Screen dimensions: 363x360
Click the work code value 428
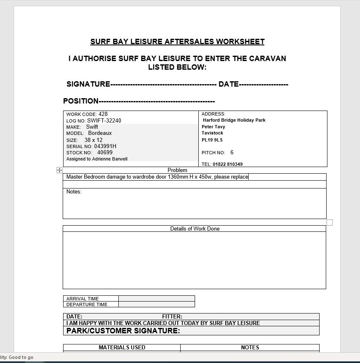(x=103, y=114)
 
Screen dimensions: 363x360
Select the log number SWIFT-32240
(x=104, y=121)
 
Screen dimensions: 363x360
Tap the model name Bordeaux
(x=100, y=133)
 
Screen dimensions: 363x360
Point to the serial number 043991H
(x=105, y=146)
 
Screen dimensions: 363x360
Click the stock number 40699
(x=105, y=153)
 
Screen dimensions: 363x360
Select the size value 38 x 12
(x=94, y=140)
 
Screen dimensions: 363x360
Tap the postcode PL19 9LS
(x=212, y=140)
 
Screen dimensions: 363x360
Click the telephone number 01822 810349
(x=228, y=164)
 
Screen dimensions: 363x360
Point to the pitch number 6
(x=232, y=153)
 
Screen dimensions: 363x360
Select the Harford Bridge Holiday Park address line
(x=234, y=120)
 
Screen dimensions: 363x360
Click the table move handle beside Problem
(x=59, y=170)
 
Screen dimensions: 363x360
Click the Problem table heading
(x=177, y=170)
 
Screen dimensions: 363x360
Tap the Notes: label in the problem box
(x=74, y=192)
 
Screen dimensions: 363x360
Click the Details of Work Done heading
(x=195, y=229)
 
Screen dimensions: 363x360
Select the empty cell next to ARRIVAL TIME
(x=156, y=299)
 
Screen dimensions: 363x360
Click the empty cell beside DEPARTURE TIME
(x=156, y=304)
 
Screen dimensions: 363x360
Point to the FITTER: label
(x=172, y=317)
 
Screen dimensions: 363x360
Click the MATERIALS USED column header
(x=122, y=347)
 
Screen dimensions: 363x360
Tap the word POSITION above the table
(x=81, y=101)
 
